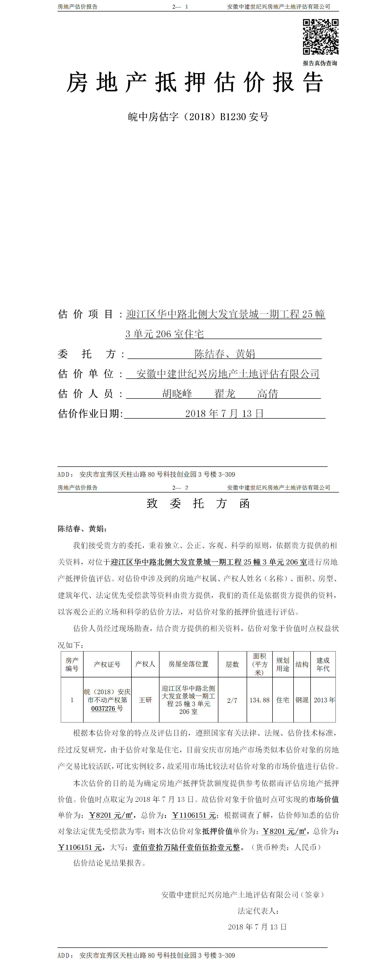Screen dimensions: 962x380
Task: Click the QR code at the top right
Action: click(x=320, y=37)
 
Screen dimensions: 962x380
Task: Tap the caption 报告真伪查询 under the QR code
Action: click(x=320, y=63)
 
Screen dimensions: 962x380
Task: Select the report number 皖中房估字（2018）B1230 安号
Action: click(x=198, y=117)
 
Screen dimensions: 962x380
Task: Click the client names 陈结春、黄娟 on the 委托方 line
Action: click(x=225, y=354)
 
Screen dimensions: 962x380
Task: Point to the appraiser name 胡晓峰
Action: click(x=177, y=394)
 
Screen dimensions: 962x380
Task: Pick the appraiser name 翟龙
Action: click(x=225, y=394)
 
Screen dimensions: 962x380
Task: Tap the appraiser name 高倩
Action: click(x=267, y=394)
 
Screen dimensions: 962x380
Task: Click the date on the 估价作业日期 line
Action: click(x=225, y=413)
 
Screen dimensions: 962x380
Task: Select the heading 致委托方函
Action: click(x=198, y=503)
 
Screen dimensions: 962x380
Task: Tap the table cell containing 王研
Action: click(x=145, y=700)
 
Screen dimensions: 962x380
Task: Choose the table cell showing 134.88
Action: click(x=260, y=700)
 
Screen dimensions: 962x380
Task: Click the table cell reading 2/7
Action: click(x=232, y=700)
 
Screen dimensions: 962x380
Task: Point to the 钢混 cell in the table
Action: click(x=302, y=700)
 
